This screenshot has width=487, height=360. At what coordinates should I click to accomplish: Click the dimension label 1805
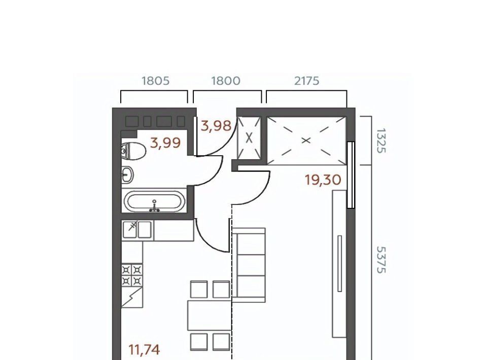click(155, 81)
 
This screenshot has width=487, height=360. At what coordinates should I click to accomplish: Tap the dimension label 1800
click(226, 81)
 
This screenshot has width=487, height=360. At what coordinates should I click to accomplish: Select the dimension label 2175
click(306, 81)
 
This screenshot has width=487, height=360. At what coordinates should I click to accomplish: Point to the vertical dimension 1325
click(381, 140)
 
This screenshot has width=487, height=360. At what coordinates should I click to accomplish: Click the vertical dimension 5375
click(381, 260)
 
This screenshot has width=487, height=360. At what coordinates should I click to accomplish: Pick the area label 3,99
click(165, 143)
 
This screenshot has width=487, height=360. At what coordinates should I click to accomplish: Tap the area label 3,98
click(216, 126)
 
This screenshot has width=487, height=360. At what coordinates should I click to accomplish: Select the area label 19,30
click(323, 179)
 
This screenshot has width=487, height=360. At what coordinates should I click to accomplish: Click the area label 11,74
click(144, 350)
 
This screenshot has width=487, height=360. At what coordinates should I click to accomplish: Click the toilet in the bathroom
click(133, 151)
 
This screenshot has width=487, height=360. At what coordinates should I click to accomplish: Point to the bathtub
click(154, 201)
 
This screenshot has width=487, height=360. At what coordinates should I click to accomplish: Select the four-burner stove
click(132, 275)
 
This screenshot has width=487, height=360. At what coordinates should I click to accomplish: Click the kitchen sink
click(137, 230)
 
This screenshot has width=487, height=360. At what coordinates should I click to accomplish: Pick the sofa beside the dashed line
click(249, 265)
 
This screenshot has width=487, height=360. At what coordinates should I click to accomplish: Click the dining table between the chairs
click(210, 315)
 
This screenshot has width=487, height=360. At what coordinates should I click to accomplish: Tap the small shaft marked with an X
click(249, 138)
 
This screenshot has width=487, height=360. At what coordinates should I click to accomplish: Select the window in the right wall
click(351, 175)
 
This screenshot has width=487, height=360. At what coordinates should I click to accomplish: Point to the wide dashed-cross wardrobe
click(306, 140)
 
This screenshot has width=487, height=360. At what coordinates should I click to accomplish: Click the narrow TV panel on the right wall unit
click(339, 264)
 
